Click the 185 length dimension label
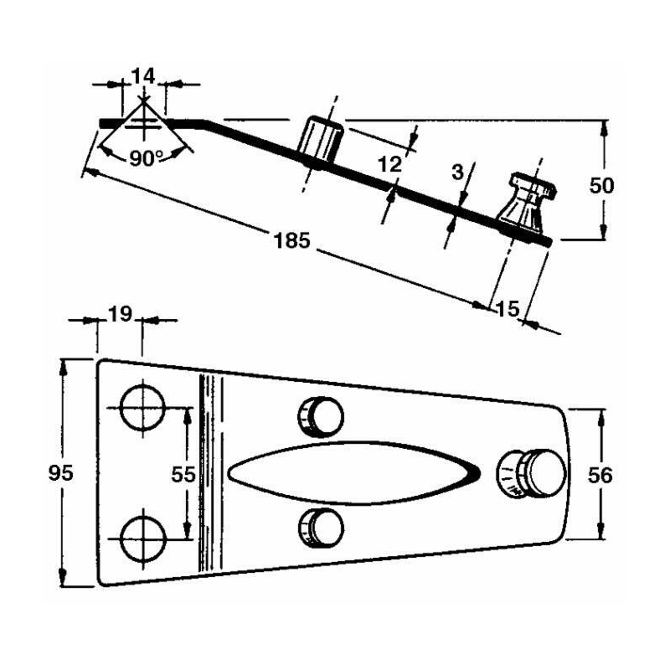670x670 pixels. click(292, 241)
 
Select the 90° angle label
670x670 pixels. click(147, 157)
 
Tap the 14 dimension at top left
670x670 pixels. click(143, 76)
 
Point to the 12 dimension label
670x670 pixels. click(389, 164)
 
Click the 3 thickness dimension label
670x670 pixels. click(456, 173)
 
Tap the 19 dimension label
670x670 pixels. click(121, 314)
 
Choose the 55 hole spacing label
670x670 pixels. click(183, 474)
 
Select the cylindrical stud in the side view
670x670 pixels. click(321, 138)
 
